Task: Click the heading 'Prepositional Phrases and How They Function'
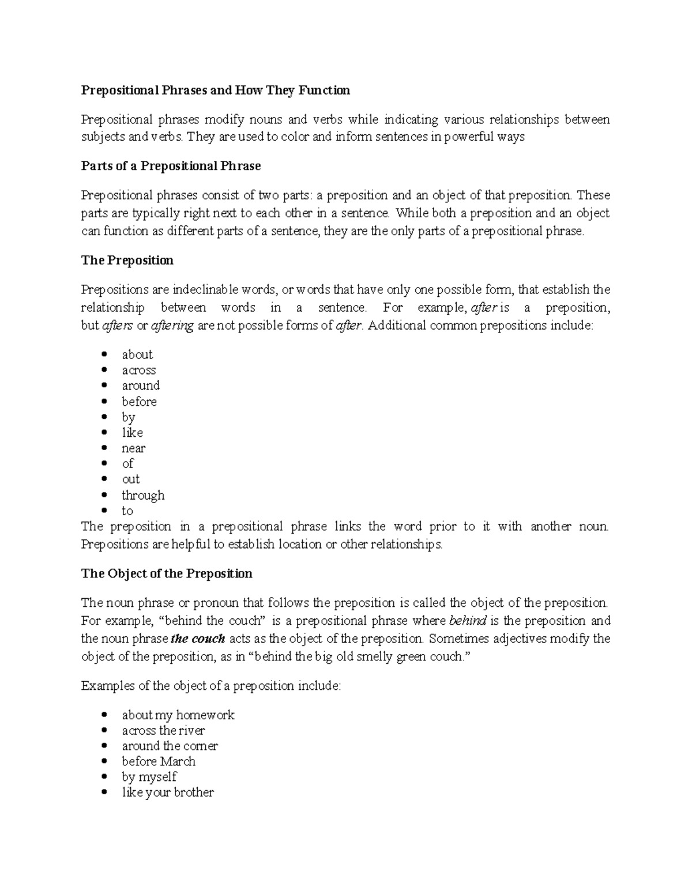(215, 90)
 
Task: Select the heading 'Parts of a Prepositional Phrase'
(171, 166)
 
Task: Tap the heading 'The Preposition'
(127, 260)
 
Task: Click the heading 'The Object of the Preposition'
(167, 573)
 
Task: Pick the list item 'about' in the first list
(137, 354)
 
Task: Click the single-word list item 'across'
(138, 370)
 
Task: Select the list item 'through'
(143, 495)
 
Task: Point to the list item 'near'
(133, 448)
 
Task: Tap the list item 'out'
(130, 479)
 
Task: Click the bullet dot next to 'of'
(104, 463)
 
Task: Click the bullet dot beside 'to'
(104, 511)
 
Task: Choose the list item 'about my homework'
(178, 715)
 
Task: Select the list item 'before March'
(159, 761)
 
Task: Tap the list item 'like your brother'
(167, 792)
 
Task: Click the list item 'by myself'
(149, 777)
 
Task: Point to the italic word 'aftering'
(172, 326)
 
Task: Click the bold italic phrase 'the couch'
(198, 639)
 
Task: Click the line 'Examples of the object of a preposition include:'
(211, 686)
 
